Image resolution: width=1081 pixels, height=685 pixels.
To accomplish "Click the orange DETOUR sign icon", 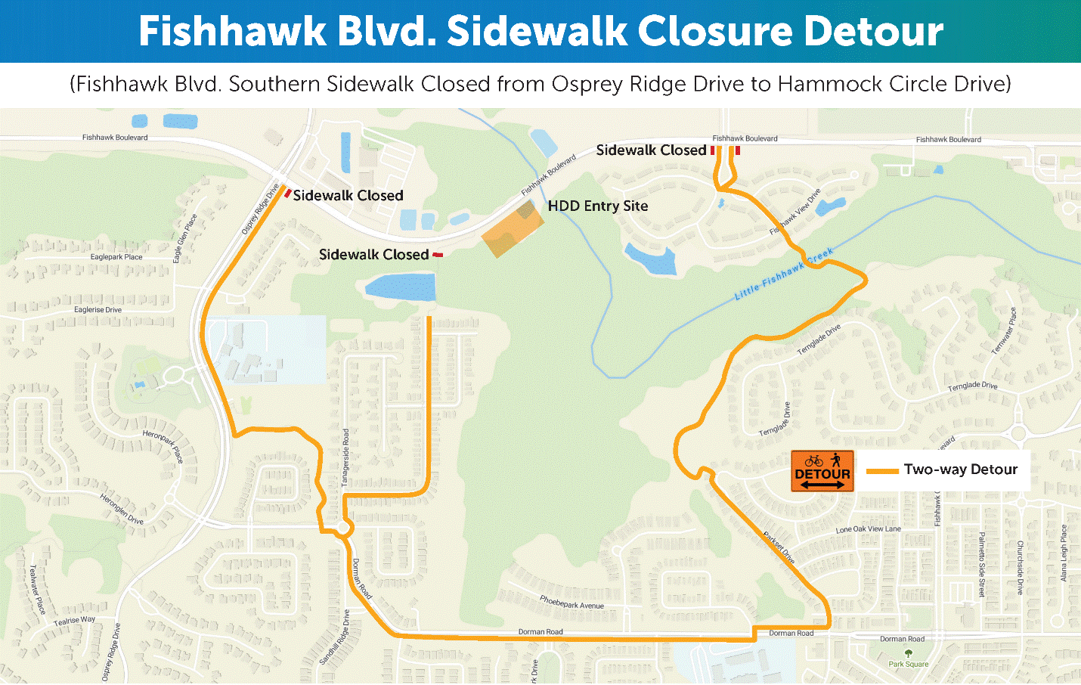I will pos(822,471).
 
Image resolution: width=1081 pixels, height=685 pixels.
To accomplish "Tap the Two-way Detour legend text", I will pos(960,470).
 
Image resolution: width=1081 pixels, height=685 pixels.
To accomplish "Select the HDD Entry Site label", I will pos(598,206).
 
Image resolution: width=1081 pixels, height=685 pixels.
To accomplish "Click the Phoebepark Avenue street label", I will pos(571,602).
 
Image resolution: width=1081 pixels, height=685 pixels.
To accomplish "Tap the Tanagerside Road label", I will pos(345,457).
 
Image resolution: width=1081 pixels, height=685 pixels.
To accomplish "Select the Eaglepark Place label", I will pos(116,257).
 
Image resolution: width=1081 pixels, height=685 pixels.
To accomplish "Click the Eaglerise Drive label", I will pos(98,310).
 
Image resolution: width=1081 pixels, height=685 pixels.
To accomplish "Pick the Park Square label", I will pos(908,664).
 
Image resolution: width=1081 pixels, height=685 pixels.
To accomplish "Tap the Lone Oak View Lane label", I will pos(868,529).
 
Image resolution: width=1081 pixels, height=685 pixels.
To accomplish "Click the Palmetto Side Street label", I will pos(981,564).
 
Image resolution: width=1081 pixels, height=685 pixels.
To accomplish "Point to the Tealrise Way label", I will pos(74,621).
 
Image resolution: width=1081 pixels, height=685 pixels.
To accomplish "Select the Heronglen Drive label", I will pos(122,509).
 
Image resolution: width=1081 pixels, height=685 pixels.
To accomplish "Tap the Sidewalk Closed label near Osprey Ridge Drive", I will pos(348,196).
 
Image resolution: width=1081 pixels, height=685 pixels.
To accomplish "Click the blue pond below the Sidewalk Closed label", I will pos(401,287).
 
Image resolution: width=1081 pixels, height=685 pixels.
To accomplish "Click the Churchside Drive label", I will pos(1019,568).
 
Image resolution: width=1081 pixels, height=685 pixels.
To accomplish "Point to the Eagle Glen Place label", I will pos(184,238).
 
